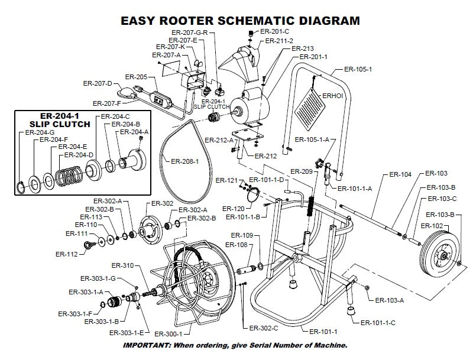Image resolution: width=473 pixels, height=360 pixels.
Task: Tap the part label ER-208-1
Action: pos(185,161)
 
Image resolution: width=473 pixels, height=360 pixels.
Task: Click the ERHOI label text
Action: pos(332,95)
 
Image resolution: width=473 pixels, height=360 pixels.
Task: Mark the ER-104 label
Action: pos(401,174)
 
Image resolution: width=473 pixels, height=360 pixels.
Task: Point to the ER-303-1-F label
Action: pos(76,313)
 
